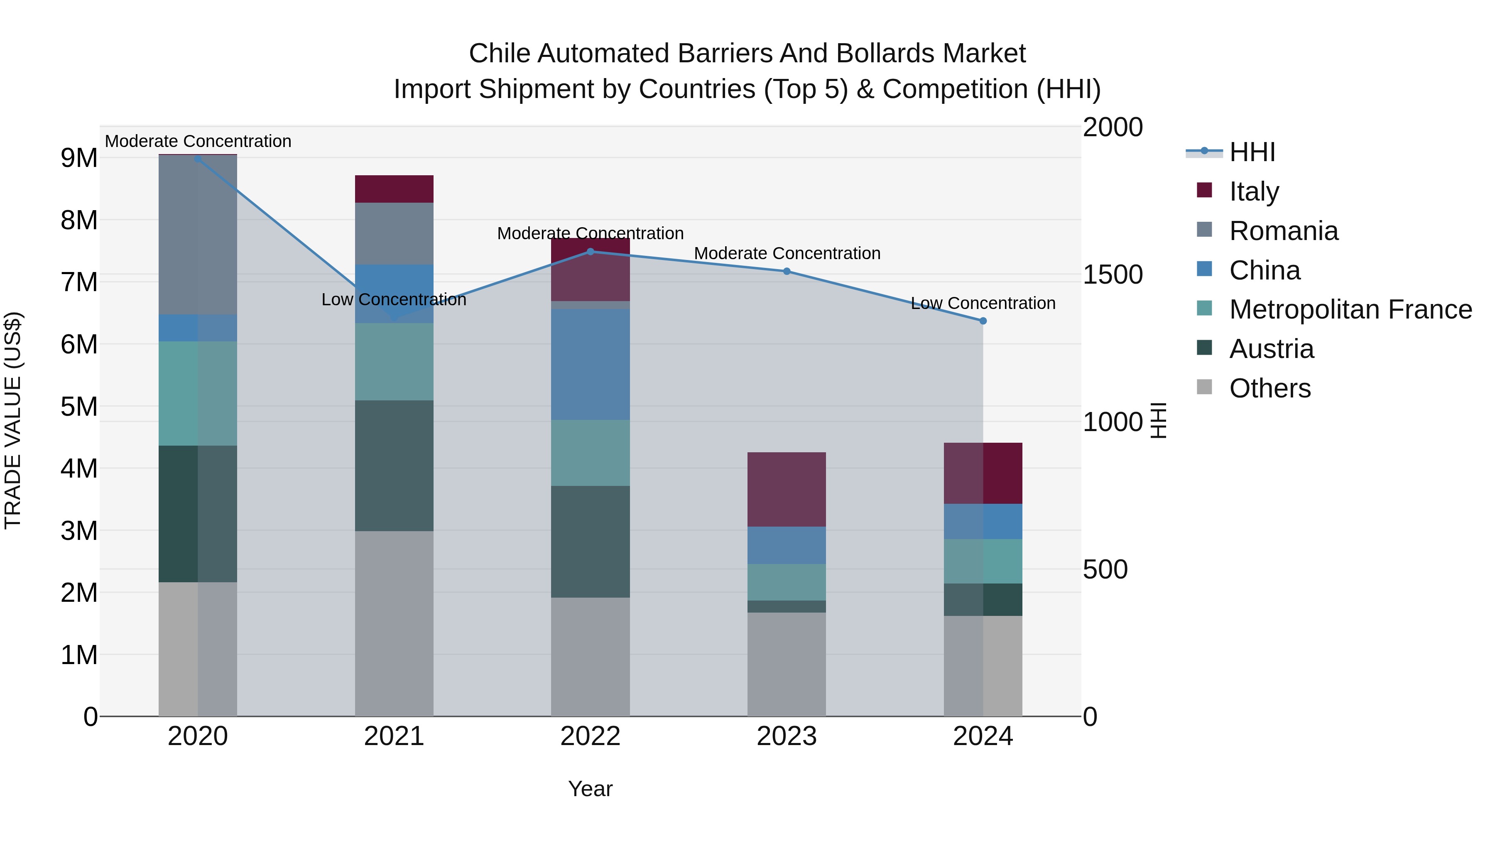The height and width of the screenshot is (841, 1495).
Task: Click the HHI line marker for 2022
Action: [590, 251]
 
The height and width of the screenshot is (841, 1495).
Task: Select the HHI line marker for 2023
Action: [787, 271]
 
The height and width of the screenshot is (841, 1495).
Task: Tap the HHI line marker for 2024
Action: [983, 321]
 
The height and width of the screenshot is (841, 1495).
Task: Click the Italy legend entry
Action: [1254, 191]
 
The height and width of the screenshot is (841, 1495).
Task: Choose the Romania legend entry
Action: [1283, 231]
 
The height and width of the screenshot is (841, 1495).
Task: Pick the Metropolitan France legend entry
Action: [1350, 309]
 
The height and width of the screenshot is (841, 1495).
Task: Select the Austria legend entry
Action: [1271, 349]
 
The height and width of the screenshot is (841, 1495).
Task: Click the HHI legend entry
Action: [1252, 152]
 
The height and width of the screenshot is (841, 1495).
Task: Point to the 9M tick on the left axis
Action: [79, 158]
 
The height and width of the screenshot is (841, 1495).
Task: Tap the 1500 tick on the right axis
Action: [1113, 275]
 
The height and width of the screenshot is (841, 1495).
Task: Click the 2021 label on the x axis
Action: [394, 736]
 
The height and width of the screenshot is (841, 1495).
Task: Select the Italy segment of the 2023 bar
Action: [787, 489]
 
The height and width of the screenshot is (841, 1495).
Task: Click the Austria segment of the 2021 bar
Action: [394, 466]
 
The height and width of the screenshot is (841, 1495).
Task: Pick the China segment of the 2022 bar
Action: [590, 365]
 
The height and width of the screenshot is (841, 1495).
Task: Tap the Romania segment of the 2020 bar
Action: [198, 235]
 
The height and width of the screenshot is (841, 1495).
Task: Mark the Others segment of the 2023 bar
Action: [787, 664]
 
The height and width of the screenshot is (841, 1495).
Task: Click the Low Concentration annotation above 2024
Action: [983, 303]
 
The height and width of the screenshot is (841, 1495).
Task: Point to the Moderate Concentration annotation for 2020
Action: [198, 141]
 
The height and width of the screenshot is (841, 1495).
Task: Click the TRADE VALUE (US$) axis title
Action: [13, 420]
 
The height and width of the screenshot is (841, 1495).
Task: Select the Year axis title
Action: [590, 789]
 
